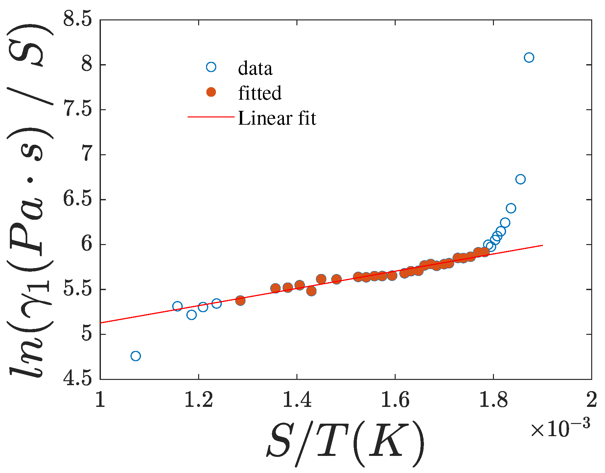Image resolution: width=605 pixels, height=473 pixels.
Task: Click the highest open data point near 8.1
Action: click(x=529, y=58)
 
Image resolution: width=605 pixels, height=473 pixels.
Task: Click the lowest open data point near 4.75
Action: click(x=135, y=356)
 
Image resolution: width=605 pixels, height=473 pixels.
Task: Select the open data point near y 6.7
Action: click(x=520, y=179)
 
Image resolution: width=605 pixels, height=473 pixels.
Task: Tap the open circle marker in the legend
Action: click(x=211, y=67)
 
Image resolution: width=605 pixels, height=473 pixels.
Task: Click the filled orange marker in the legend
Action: click(x=211, y=92)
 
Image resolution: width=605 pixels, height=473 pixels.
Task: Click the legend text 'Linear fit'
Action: click(x=277, y=118)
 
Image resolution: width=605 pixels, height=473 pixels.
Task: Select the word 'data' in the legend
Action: click(x=255, y=68)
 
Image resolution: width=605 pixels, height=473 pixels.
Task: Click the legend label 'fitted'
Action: click(x=260, y=93)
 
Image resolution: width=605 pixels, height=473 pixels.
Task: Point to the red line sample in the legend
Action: click(x=211, y=117)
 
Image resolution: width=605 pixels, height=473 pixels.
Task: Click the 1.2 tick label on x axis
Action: click(x=198, y=400)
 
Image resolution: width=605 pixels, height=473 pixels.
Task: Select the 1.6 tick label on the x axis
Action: click(x=395, y=400)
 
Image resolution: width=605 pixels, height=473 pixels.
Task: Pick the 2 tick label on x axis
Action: click(x=591, y=400)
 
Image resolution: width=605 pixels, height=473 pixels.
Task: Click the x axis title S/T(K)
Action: click(x=345, y=444)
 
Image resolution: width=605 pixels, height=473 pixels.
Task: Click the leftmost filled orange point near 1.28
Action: click(x=240, y=300)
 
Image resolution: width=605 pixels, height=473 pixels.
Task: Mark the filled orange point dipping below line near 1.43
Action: click(x=311, y=291)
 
